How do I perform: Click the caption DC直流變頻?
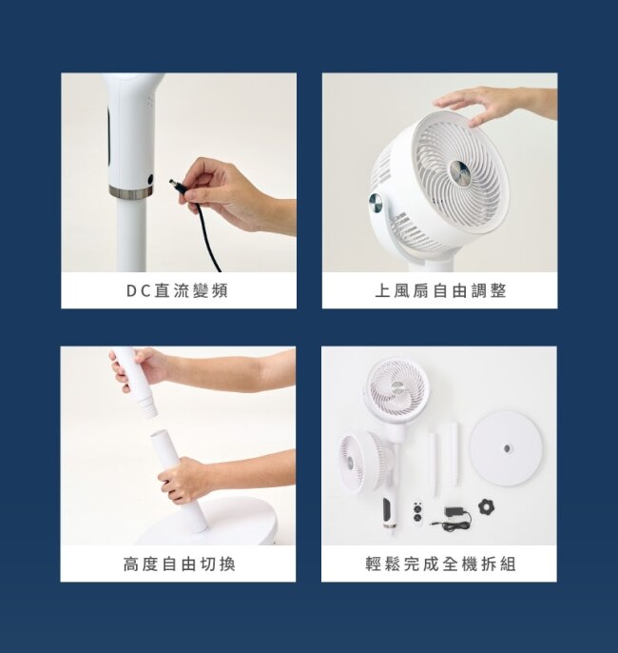(x=178, y=290)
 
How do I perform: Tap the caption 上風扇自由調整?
(x=440, y=290)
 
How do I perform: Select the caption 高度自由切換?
(x=180, y=564)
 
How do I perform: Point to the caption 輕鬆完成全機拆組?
(x=440, y=564)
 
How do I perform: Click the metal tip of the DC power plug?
(x=172, y=183)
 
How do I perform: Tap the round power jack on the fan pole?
(x=149, y=180)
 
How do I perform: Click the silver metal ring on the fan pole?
(x=130, y=191)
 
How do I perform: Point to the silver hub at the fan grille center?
(x=461, y=172)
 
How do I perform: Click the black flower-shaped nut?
(x=486, y=506)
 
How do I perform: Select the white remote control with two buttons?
(x=417, y=512)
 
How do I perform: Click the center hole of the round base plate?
(x=507, y=448)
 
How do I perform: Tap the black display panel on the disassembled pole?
(x=387, y=510)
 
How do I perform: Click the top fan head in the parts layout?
(x=396, y=388)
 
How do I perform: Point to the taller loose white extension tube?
(x=454, y=454)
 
